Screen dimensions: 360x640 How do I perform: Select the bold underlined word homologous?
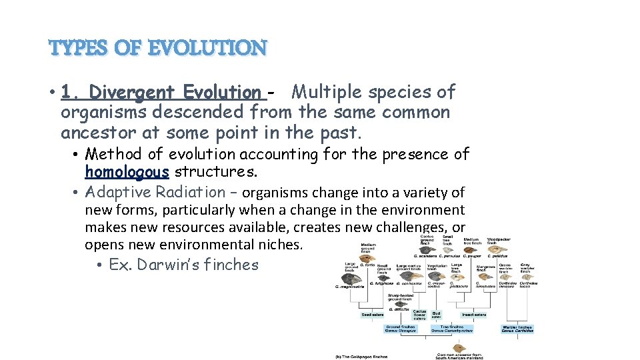[x=127, y=172]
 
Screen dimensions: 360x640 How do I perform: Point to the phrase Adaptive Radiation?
[x=155, y=192]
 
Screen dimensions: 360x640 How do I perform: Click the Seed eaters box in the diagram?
[x=372, y=315]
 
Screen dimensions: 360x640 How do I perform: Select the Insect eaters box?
[x=473, y=315]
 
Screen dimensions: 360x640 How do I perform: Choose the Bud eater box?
[x=437, y=314]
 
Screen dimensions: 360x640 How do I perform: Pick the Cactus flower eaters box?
[x=419, y=315]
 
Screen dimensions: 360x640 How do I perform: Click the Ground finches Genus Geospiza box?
[x=401, y=329]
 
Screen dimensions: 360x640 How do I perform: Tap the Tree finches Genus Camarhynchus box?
[x=452, y=329]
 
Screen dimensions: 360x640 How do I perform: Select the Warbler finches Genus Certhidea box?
[x=517, y=329]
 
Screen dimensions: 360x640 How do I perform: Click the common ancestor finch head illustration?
[x=459, y=348]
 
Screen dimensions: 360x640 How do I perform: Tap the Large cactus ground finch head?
[x=414, y=275]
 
